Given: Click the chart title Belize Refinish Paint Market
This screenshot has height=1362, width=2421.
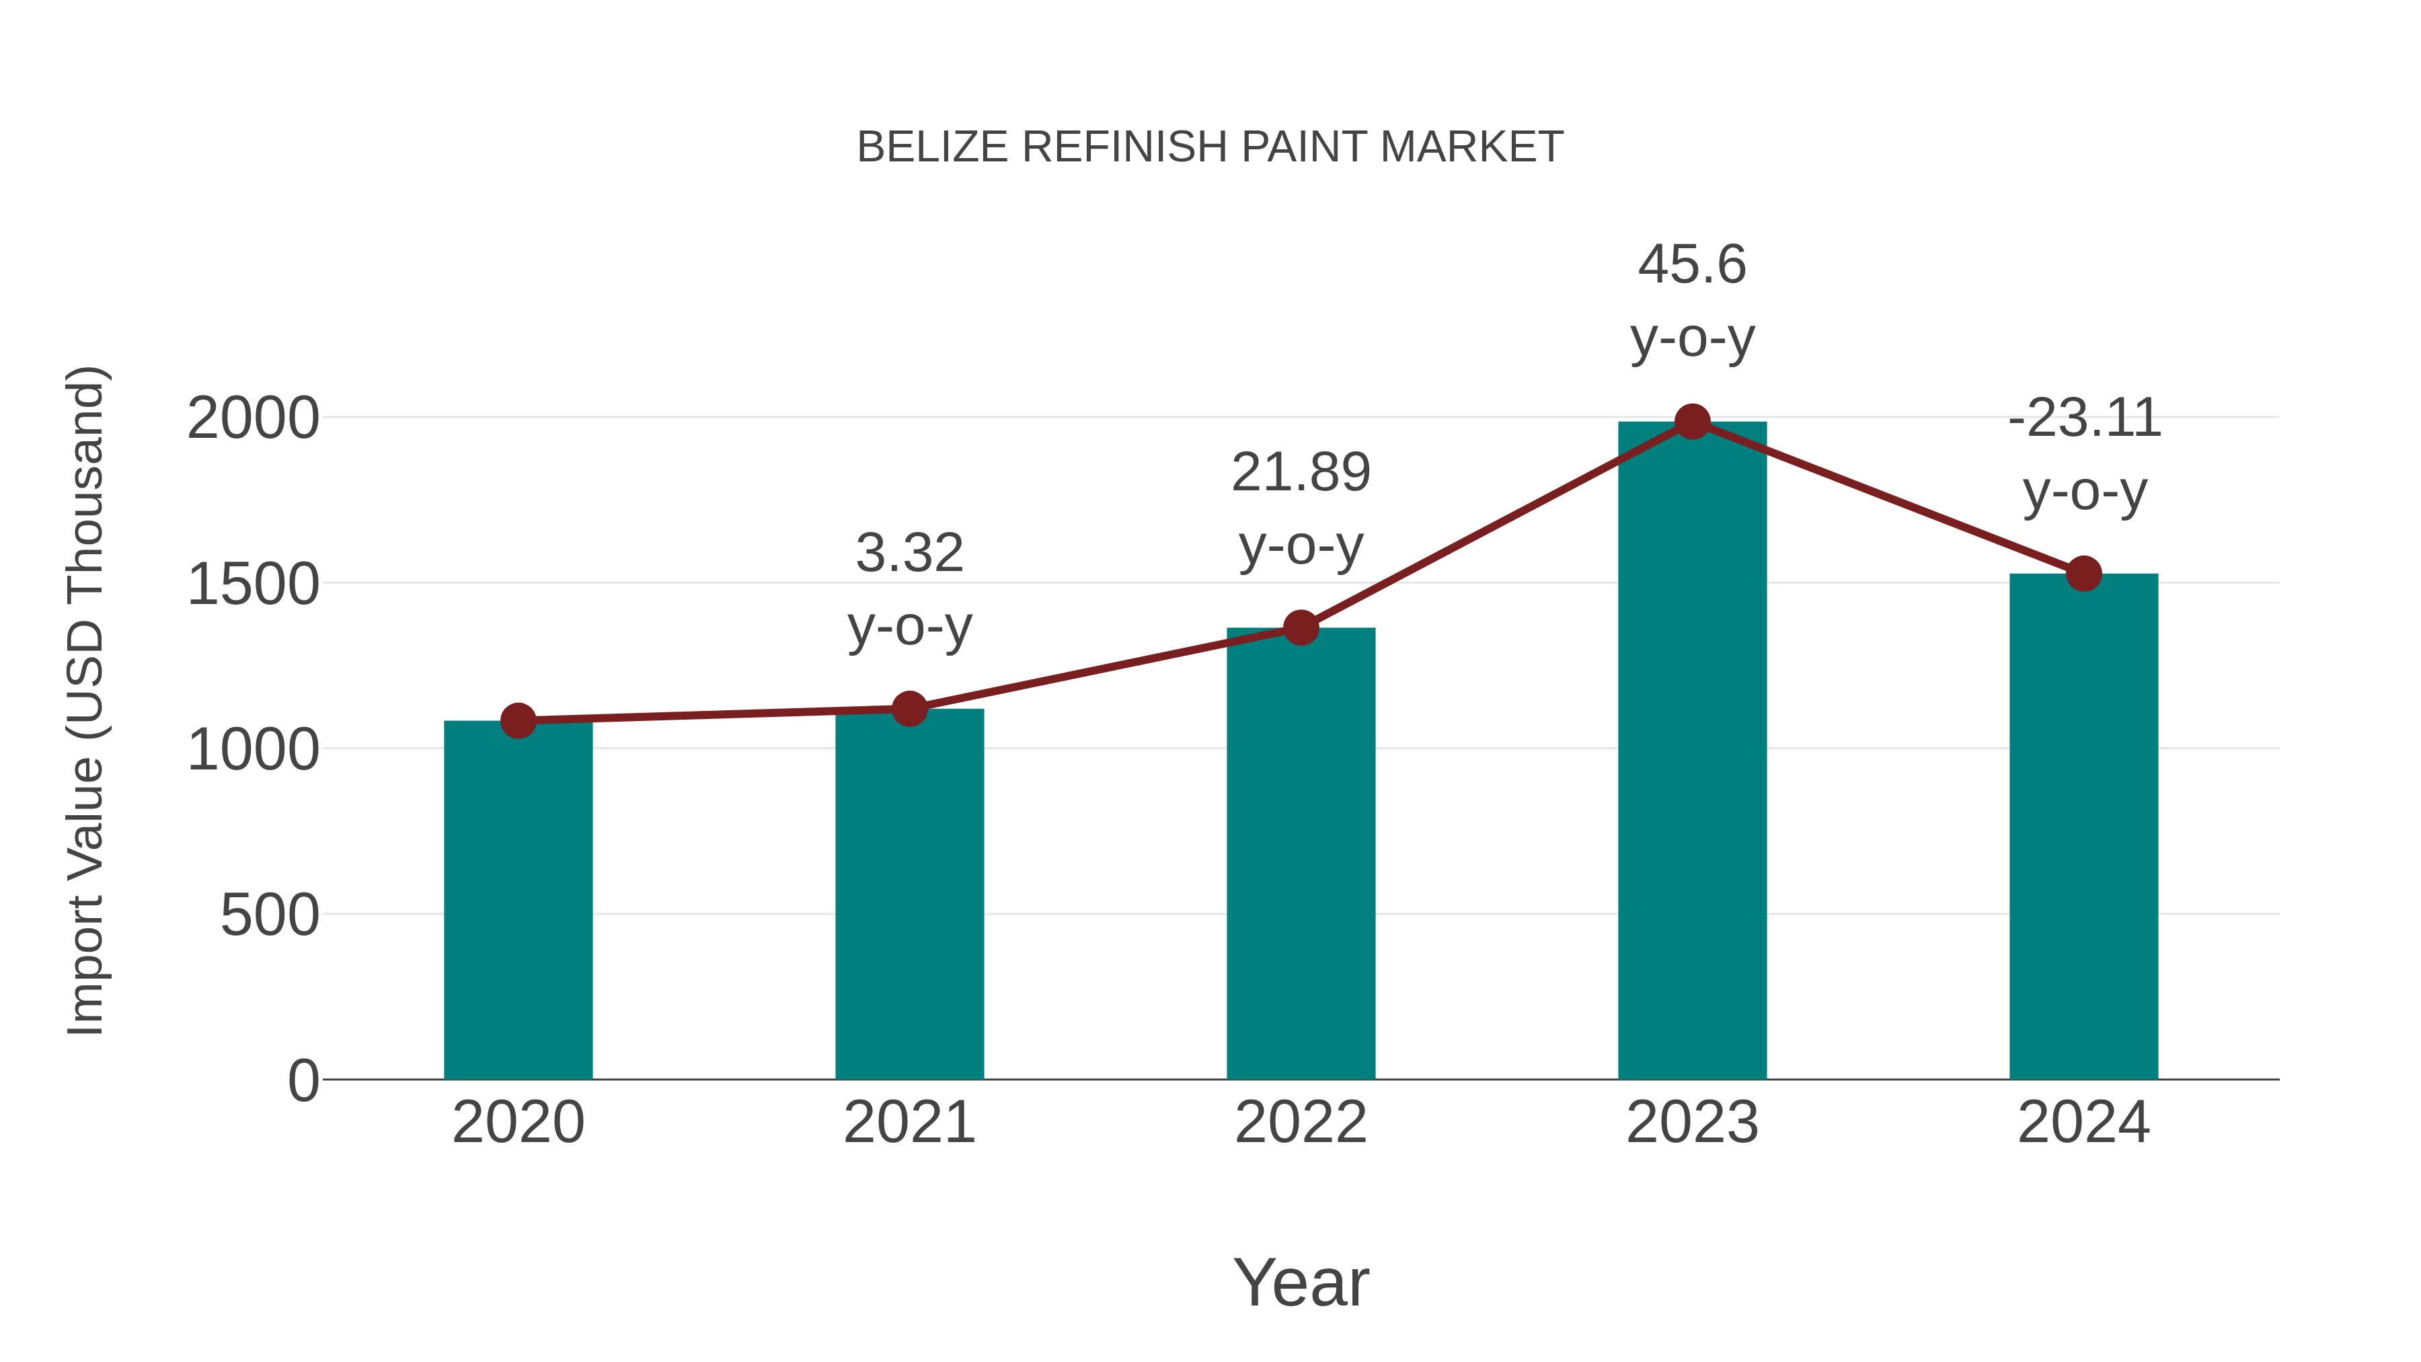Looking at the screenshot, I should [x=1210, y=147].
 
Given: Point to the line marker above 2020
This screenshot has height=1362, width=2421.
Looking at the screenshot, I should [x=518, y=721].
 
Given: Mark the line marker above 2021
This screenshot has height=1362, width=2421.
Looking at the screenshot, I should [x=909, y=709].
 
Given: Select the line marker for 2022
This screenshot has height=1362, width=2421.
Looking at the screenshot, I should [x=1301, y=628].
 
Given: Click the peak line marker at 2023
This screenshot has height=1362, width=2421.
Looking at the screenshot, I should [x=1692, y=422].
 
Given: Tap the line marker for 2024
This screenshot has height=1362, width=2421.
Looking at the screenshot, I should [x=2083, y=573].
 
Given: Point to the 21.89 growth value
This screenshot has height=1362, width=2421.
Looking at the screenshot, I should [x=1301, y=472].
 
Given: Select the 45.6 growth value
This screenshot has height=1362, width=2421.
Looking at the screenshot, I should [x=1692, y=264].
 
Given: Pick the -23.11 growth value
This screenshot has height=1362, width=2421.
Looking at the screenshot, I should [x=2083, y=418].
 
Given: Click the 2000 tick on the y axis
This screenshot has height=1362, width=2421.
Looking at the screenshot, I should [x=254, y=418].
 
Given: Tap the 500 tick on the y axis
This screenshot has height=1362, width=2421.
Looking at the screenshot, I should [x=270, y=915].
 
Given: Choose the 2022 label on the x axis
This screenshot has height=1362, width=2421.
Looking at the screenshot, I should [x=1301, y=1123].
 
